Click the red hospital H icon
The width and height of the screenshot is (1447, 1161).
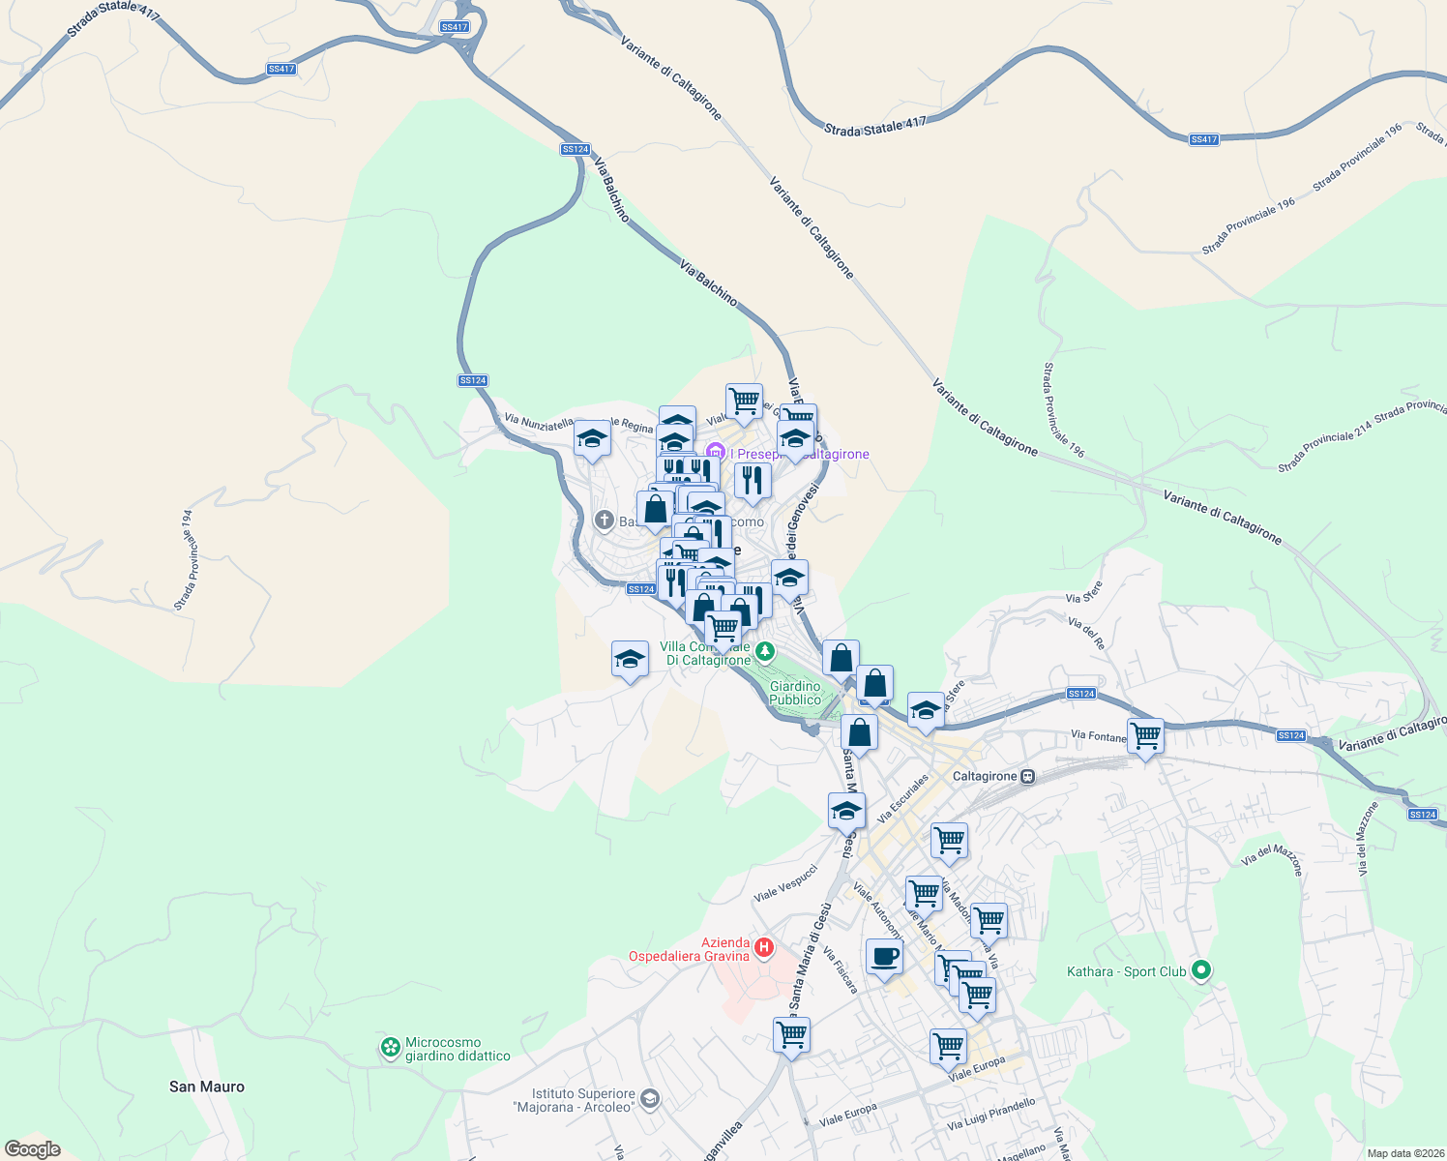click(764, 947)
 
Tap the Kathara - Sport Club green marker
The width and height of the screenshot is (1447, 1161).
click(1200, 969)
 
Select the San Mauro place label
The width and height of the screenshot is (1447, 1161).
click(207, 1087)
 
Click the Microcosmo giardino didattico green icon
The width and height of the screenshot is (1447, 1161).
click(390, 1048)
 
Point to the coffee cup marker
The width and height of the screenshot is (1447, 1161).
click(884, 958)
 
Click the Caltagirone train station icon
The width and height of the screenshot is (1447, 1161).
click(1028, 776)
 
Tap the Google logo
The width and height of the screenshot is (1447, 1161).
click(33, 1149)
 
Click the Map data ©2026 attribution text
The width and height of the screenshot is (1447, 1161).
click(1405, 1153)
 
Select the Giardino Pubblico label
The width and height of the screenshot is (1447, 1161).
click(795, 693)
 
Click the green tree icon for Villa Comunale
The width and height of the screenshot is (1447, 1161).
click(765, 651)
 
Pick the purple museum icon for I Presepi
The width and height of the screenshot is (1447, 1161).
click(716, 452)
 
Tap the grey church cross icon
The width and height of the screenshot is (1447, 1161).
click(605, 521)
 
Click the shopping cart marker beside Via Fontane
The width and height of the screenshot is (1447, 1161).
click(1145, 736)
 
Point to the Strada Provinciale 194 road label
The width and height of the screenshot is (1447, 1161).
click(187, 560)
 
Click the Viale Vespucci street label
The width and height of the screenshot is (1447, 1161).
click(785, 882)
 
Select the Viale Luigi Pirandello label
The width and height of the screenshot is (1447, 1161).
click(991, 1114)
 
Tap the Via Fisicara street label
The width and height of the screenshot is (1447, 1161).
click(841, 969)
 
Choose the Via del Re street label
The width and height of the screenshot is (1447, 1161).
click(1086, 633)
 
